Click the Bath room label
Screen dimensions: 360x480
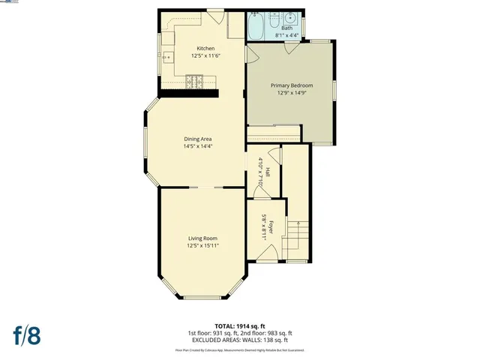(x=287, y=28)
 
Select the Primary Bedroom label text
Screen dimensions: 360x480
(x=292, y=86)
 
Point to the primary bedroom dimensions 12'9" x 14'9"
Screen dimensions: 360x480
(x=292, y=94)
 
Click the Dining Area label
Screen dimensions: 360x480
(x=198, y=139)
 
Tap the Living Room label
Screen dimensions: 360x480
(x=202, y=238)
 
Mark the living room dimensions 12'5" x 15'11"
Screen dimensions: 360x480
(x=202, y=246)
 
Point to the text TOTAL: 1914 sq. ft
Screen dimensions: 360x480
(x=239, y=325)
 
